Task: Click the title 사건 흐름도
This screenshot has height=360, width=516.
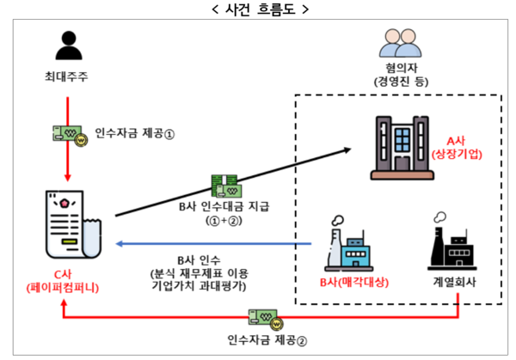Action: click(x=258, y=11)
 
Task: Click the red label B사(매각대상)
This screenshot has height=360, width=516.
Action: click(x=350, y=284)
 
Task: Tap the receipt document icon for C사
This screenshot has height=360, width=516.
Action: click(x=71, y=223)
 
